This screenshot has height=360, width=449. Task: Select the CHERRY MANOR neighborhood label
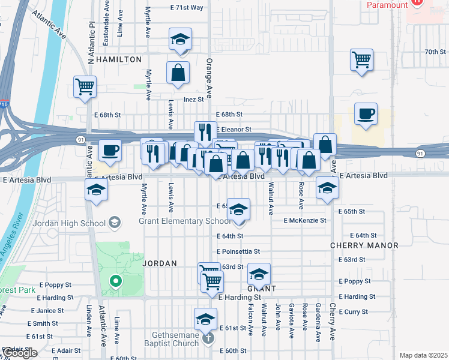point(364,245)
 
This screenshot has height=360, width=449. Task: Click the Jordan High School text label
point(70,223)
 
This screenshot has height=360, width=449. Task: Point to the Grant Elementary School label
point(185,221)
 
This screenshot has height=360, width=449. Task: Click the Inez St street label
point(194,99)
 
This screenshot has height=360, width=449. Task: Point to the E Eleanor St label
point(233,130)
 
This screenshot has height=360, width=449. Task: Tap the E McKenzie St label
point(306,220)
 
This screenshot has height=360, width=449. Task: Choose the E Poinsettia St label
point(238,251)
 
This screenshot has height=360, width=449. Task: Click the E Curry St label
point(357,311)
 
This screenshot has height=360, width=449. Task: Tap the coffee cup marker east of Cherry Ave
point(365,114)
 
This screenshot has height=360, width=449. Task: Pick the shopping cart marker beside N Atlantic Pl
point(85,86)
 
